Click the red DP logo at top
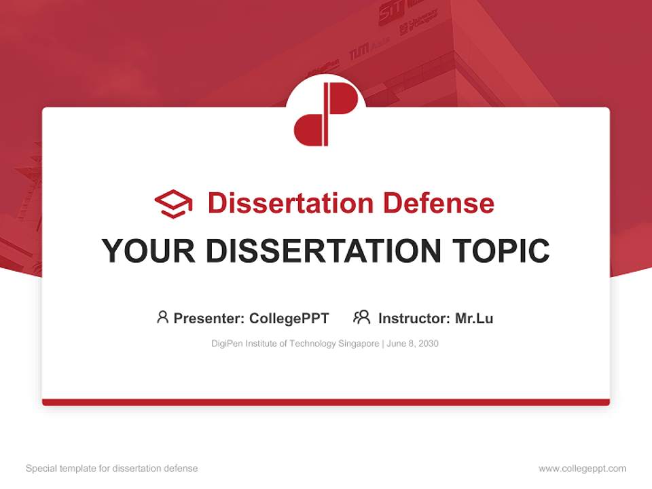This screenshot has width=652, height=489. coord(325,114)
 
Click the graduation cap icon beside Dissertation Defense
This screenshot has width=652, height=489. coord(173,204)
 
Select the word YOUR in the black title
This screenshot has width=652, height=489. coord(149,251)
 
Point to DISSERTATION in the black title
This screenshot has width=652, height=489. coord(323,251)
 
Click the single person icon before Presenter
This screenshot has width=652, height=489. coord(162,317)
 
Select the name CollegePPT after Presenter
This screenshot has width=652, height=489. coord(289,318)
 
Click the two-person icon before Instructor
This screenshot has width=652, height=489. coord(361,317)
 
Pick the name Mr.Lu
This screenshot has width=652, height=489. coord(474,318)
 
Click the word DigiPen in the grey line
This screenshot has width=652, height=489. coord(226,344)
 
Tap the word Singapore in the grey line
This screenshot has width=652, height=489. coord(359,344)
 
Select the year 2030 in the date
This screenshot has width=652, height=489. coord(428,344)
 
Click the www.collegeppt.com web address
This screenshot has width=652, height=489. coord(582,469)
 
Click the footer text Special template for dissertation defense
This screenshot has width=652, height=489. coord(111,469)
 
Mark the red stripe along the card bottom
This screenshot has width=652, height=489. coord(326,402)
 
